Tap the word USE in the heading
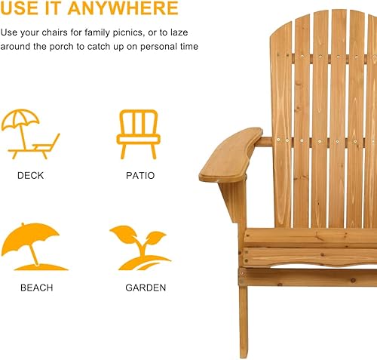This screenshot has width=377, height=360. (x=20, y=9)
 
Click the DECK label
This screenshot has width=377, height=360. (x=30, y=176)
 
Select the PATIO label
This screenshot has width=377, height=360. (x=140, y=176)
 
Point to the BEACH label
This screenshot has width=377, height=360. (x=36, y=288)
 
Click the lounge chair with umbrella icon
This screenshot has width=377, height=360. (x=30, y=134)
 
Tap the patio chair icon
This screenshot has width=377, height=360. (x=138, y=134)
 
